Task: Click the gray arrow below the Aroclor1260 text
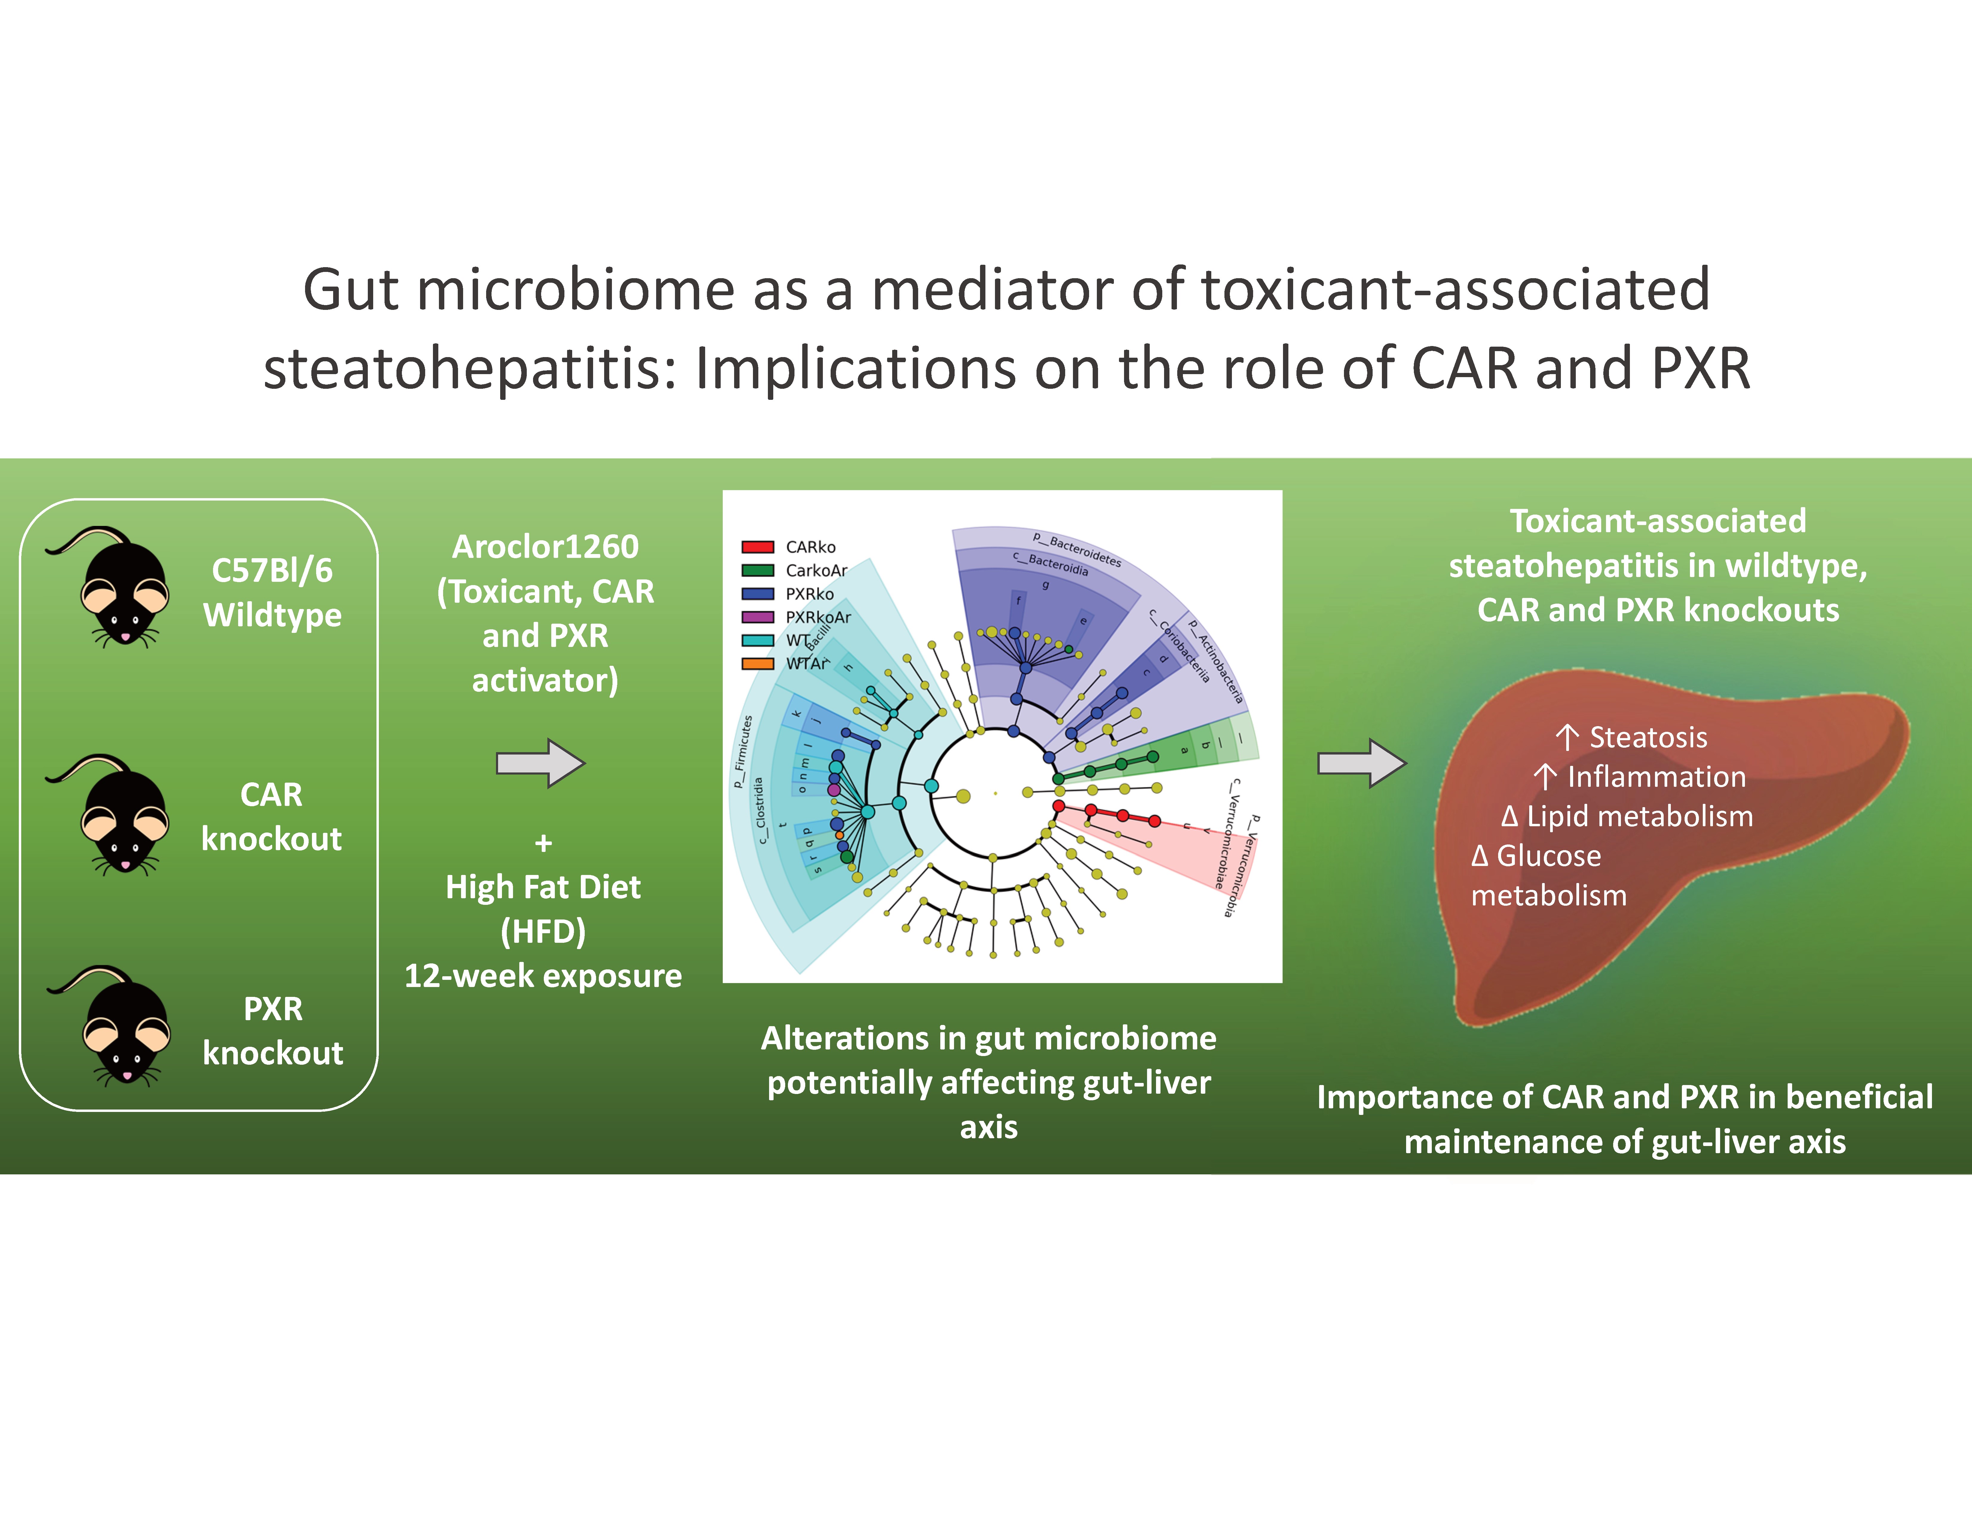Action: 540,764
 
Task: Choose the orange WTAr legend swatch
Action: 757,664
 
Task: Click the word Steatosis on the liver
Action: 1648,737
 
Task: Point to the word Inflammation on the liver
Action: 1656,777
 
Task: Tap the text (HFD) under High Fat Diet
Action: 543,931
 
